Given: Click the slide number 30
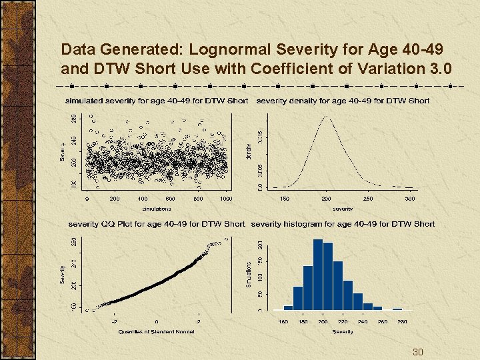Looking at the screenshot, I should [418, 352].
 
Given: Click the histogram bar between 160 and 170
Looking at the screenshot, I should [288, 307].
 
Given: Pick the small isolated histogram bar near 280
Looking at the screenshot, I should [397, 309].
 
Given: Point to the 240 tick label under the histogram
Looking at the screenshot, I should [363, 321].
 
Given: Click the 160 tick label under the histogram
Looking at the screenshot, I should [283, 321].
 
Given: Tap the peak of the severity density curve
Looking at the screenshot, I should [327, 118].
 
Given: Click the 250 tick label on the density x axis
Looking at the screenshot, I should [368, 199].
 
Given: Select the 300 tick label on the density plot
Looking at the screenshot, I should [409, 199].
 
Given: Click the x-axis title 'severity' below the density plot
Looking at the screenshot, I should [343, 209].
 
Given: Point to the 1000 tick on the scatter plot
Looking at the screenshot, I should [226, 199].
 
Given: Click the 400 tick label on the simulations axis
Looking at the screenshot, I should [143, 199].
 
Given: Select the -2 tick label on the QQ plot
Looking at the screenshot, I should [114, 321].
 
